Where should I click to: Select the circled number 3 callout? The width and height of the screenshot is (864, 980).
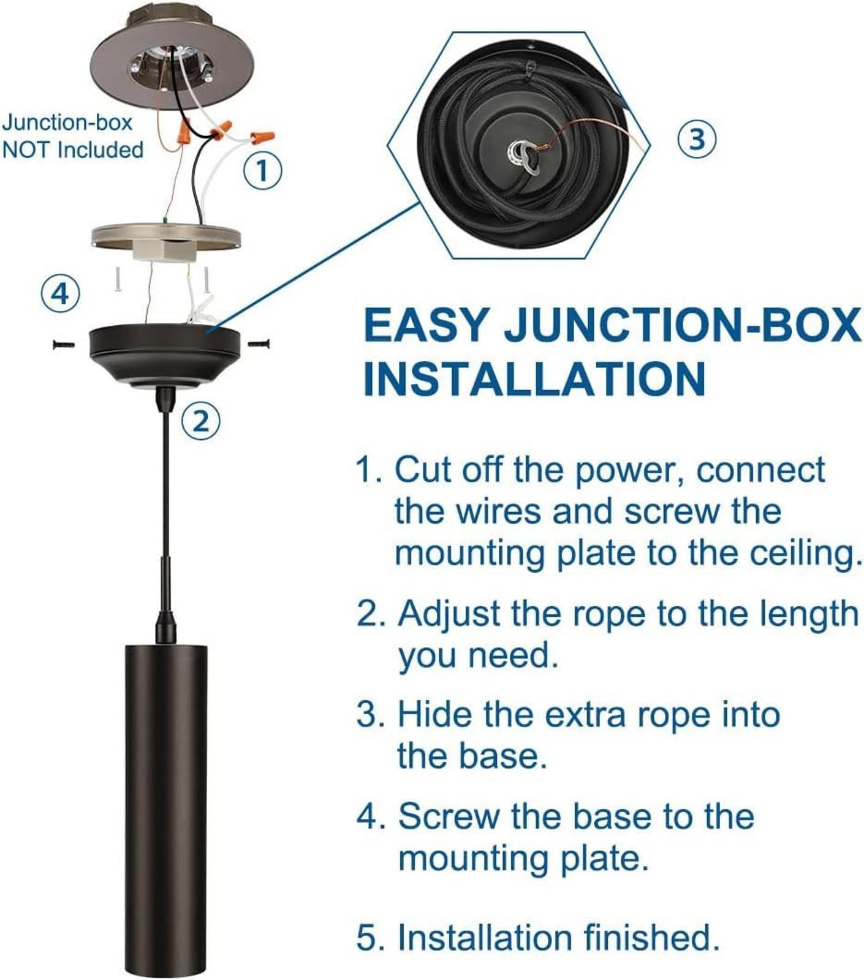click(697, 138)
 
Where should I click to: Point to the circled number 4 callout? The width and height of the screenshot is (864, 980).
click(60, 295)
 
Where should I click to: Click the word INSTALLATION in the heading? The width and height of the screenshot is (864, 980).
click(534, 379)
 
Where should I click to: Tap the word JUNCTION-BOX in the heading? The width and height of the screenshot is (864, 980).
click(682, 325)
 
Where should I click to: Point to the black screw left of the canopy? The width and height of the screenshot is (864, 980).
click(63, 345)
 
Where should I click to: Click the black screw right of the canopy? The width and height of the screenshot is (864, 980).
click(259, 344)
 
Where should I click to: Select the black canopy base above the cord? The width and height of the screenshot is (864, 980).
click(164, 356)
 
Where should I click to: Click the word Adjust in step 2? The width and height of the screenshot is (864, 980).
click(449, 614)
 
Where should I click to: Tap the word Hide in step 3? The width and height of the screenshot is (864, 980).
click(434, 714)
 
